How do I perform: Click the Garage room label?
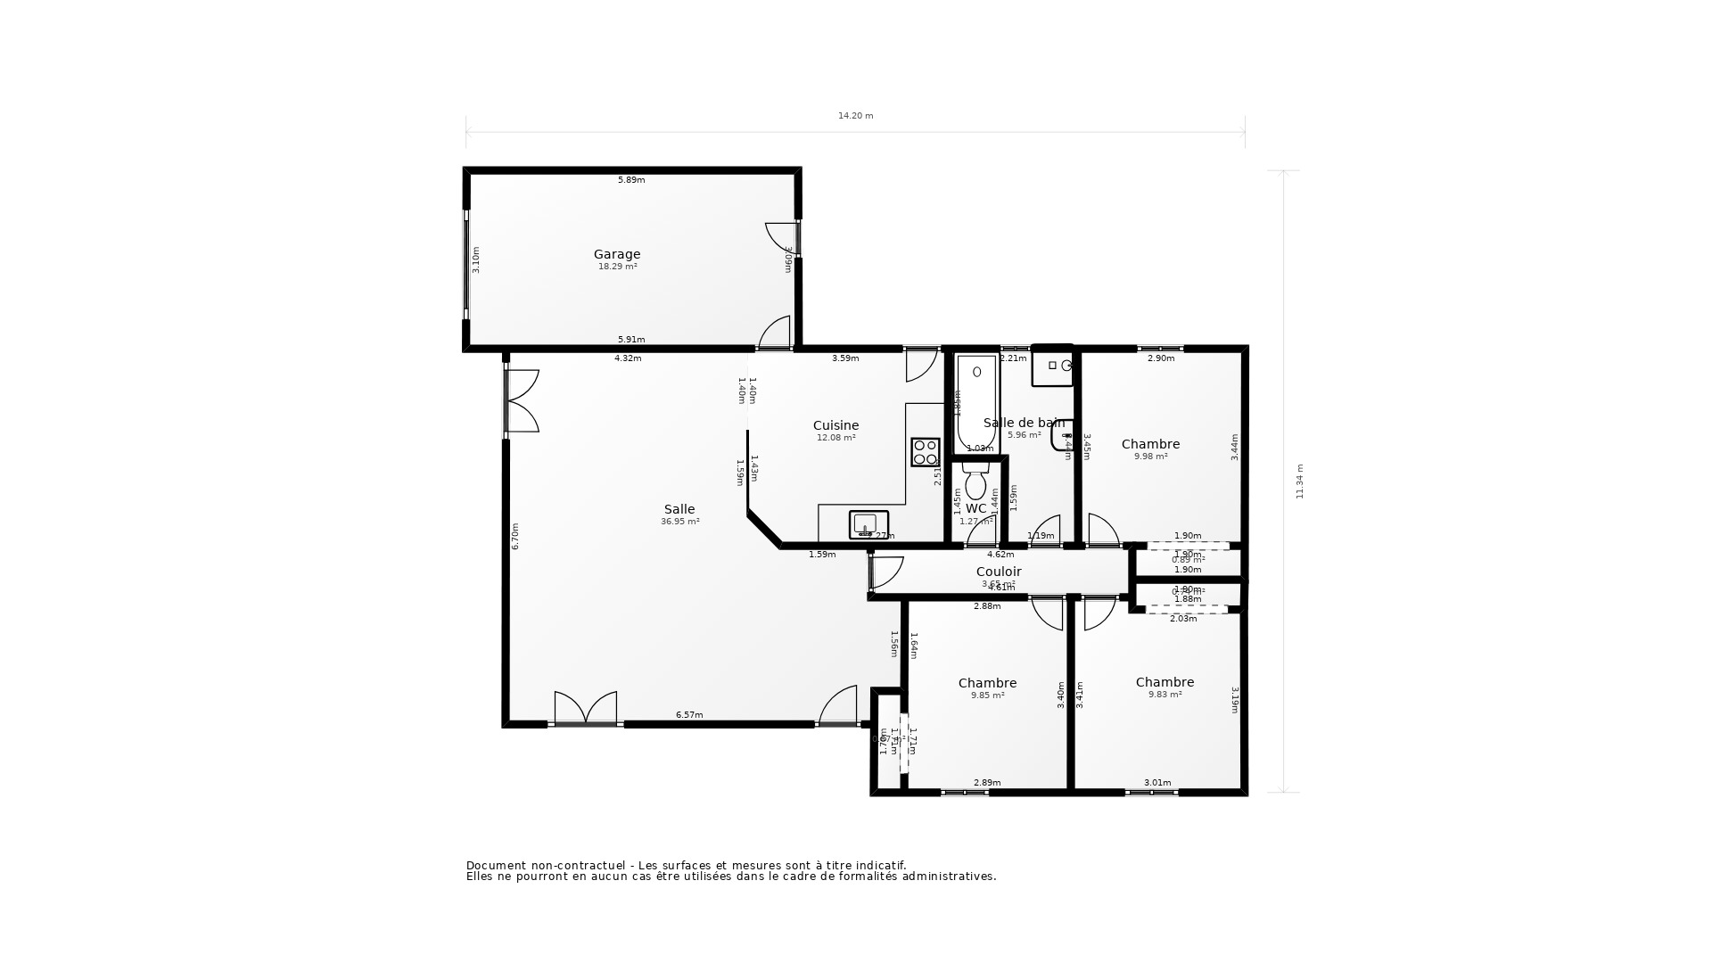coord(617,254)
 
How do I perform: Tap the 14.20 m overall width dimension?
coord(855,116)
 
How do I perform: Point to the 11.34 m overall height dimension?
coord(1299,481)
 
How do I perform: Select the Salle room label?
coord(679,509)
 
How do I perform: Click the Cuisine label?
coord(835,425)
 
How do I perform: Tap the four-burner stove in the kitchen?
coord(925,452)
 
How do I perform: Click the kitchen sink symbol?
coord(868,524)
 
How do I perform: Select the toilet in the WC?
coord(975,482)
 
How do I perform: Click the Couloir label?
coord(999,572)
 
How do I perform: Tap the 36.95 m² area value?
coord(679,522)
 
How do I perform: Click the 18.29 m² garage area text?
coord(617,267)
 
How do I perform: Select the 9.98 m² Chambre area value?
coord(1150,457)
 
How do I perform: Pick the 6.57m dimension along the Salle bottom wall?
coord(689,715)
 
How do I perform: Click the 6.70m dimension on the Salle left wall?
coord(515,536)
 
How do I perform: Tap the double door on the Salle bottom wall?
coord(585,708)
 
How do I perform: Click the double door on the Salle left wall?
coord(522,401)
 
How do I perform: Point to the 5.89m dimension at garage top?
coord(631,180)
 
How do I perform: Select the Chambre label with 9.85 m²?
coord(987,683)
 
